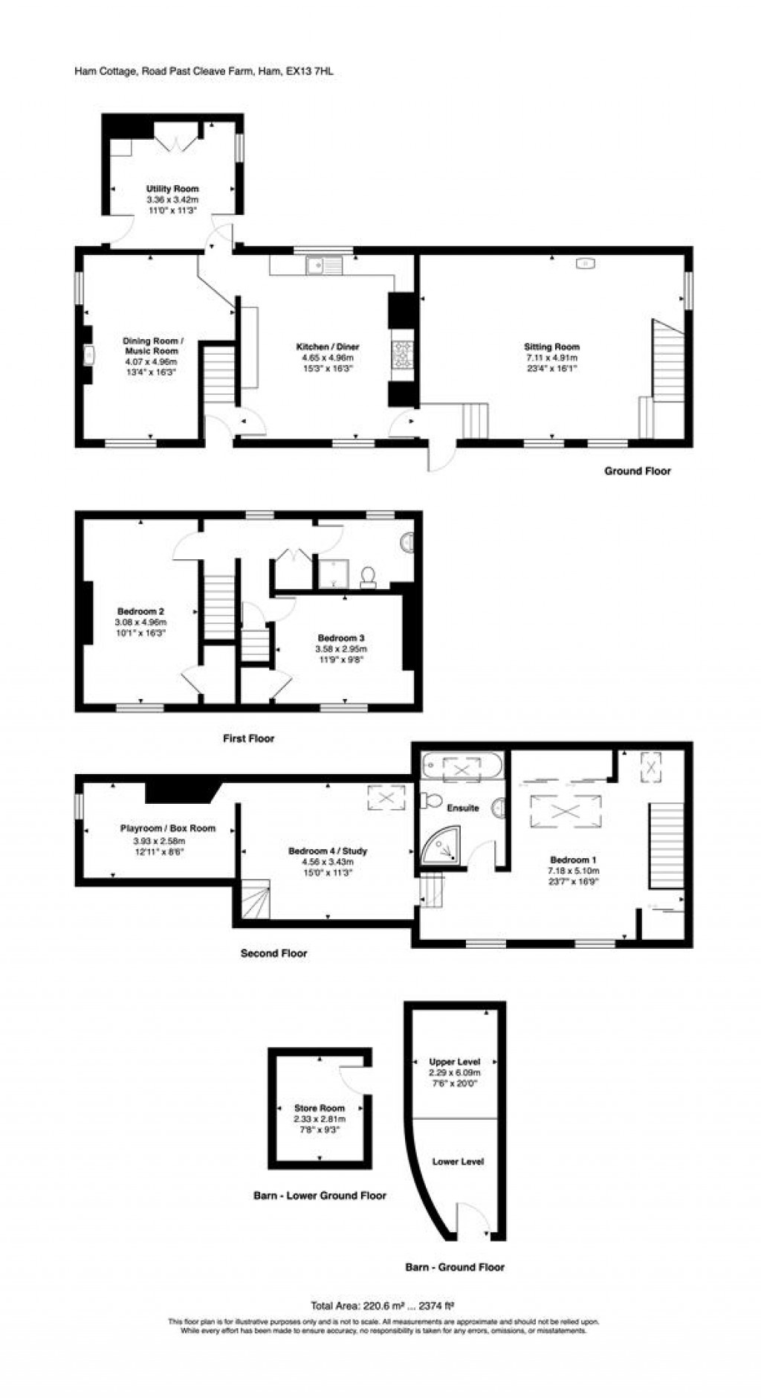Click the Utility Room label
[172, 189]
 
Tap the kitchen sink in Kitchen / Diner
[323, 265]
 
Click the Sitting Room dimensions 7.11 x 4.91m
[551, 358]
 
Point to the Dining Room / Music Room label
[152, 346]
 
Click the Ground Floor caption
[637, 471]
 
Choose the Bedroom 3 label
[340, 638]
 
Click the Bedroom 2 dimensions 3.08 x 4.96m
[140, 622]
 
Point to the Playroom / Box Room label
[168, 828]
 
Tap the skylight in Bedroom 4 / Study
[386, 799]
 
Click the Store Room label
[320, 1108]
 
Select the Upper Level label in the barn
[455, 1062]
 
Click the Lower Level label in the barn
[458, 1162]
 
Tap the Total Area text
[382, 1304]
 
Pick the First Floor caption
[248, 738]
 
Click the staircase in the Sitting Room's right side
[667, 361]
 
